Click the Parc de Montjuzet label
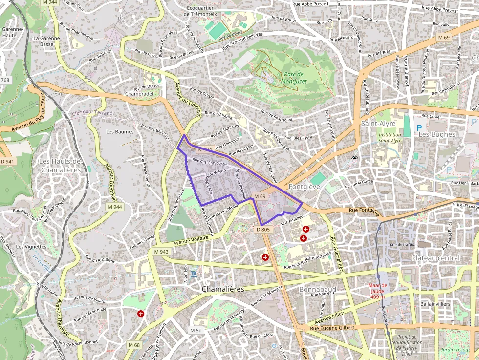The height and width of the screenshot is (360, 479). pyautogui.click(x=294, y=78)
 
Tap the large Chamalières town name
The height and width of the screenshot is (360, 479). pyautogui.click(x=223, y=289)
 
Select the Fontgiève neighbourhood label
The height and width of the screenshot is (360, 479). pyautogui.click(x=304, y=187)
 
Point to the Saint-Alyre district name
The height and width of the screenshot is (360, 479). pyautogui.click(x=378, y=124)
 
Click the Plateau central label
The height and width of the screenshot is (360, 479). pyautogui.click(x=435, y=258)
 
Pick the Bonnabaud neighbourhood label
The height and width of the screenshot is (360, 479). pyautogui.click(x=317, y=289)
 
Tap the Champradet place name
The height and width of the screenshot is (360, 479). pyautogui.click(x=139, y=94)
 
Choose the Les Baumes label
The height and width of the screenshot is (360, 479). pyautogui.click(x=120, y=132)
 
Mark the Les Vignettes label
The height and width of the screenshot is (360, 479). pyautogui.click(x=31, y=247)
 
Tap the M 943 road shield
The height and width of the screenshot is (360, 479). pyautogui.click(x=161, y=252)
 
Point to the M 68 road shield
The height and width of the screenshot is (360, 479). pyautogui.click(x=134, y=345)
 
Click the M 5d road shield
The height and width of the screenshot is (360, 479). pyautogui.click(x=196, y=331)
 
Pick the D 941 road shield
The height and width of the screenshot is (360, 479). pyautogui.click(x=7, y=161)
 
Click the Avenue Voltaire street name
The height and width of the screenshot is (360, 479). pyautogui.click(x=191, y=238)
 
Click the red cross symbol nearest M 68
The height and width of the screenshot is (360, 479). pyautogui.click(x=141, y=314)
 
